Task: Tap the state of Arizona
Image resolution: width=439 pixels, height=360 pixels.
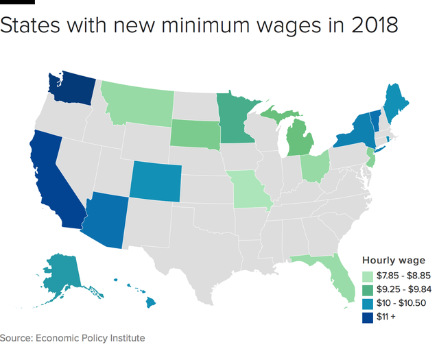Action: (106, 219)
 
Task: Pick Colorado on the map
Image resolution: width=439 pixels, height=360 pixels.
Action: (156, 180)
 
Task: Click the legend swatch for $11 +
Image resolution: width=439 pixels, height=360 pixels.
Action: (368, 317)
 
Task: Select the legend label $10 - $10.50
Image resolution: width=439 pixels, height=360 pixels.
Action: (399, 303)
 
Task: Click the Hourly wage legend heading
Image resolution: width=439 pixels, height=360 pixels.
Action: (394, 260)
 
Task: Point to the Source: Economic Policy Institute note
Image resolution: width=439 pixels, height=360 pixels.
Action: (73, 338)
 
